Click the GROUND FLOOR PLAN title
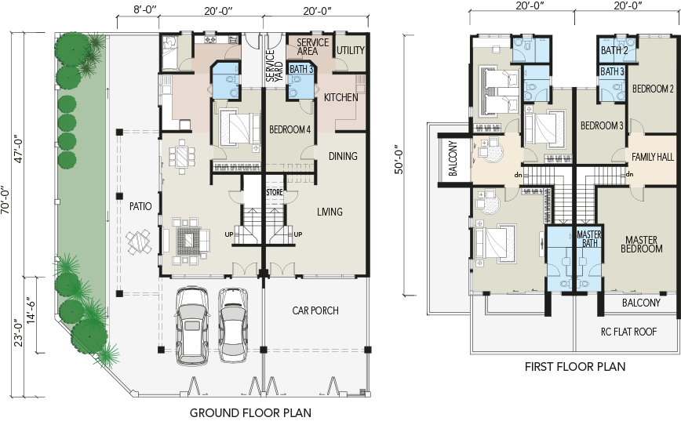click(x=250, y=412)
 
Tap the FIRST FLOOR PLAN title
click(x=575, y=367)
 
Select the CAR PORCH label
click(x=315, y=310)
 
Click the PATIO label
click(x=140, y=206)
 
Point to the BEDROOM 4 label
click(x=290, y=129)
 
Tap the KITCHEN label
click(x=341, y=97)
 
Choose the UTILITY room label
click(x=351, y=50)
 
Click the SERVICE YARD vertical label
click(x=274, y=66)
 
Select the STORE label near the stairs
click(x=275, y=192)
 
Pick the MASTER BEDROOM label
click(x=642, y=245)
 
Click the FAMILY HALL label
click(x=652, y=157)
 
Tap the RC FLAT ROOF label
click(x=628, y=332)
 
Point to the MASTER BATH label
click(x=589, y=238)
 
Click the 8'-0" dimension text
click(x=145, y=10)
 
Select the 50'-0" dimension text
click(x=399, y=162)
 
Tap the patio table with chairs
click(x=139, y=242)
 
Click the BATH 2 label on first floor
click(x=614, y=50)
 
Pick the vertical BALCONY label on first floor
click(x=453, y=158)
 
